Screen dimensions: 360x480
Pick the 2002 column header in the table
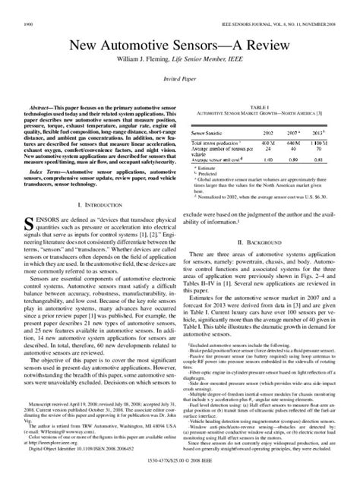[268, 131]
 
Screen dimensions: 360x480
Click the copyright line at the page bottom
[180, 461]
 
